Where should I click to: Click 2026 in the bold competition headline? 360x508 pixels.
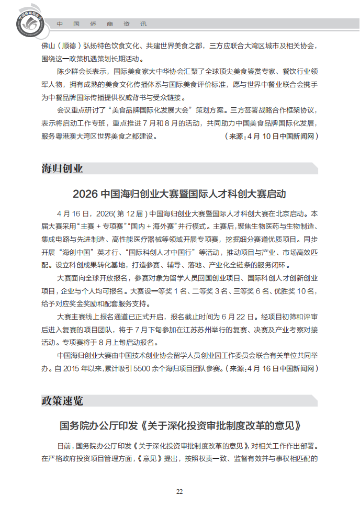pyautogui.click(x=86, y=194)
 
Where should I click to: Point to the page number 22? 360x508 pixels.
pyautogui.click(x=179, y=491)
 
